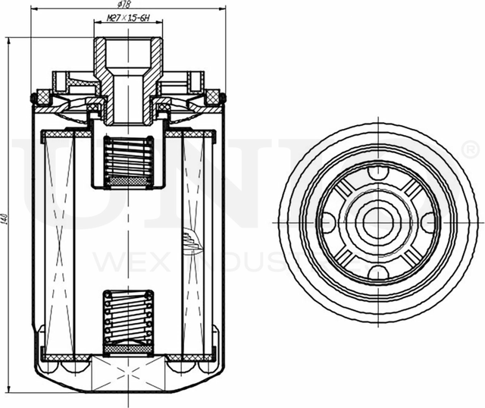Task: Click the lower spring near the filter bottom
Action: coord(128,319)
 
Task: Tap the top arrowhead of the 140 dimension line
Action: coord(8,39)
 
